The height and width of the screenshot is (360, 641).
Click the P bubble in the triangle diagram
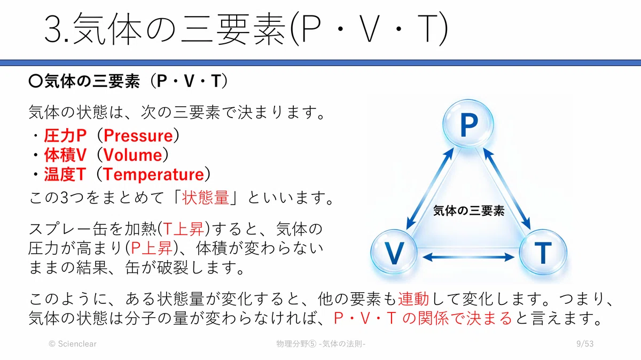468,123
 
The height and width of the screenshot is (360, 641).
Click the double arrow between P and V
430,189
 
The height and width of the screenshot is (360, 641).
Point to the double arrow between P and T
507,189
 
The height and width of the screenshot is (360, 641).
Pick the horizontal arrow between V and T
468,257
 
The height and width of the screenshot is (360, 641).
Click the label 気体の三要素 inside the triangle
469,210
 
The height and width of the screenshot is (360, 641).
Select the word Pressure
138,136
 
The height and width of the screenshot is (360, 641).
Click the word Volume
132,155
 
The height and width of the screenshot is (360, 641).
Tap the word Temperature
153,175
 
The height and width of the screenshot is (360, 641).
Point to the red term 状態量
206,198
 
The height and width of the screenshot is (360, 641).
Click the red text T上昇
183,229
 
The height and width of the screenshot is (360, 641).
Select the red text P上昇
152,248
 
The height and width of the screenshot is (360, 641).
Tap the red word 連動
413,299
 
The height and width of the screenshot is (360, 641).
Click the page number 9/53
585,343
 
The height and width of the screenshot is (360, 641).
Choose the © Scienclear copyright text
73,343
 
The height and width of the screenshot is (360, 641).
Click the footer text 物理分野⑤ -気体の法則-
321,343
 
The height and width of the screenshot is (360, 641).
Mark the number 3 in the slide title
53,29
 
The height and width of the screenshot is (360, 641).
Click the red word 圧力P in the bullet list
65,136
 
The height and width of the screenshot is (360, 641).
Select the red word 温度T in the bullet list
65,175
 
